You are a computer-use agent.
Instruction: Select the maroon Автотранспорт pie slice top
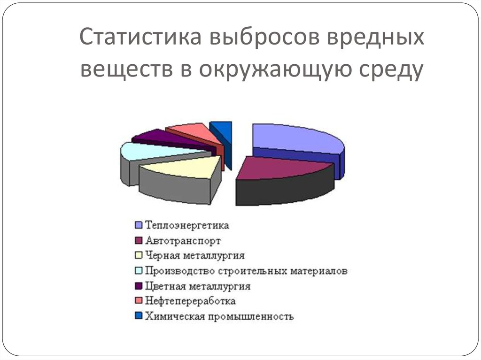pyautogui.click(x=282, y=167)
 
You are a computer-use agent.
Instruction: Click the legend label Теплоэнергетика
pyautogui.click(x=187, y=226)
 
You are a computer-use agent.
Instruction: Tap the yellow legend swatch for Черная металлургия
pyautogui.click(x=139, y=256)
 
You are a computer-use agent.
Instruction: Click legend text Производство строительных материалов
pyautogui.click(x=246, y=271)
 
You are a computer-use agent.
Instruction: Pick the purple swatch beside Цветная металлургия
pyautogui.click(x=139, y=286)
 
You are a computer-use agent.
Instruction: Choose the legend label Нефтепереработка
pyautogui.click(x=190, y=301)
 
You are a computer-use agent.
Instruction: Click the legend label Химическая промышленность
pyautogui.click(x=219, y=316)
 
